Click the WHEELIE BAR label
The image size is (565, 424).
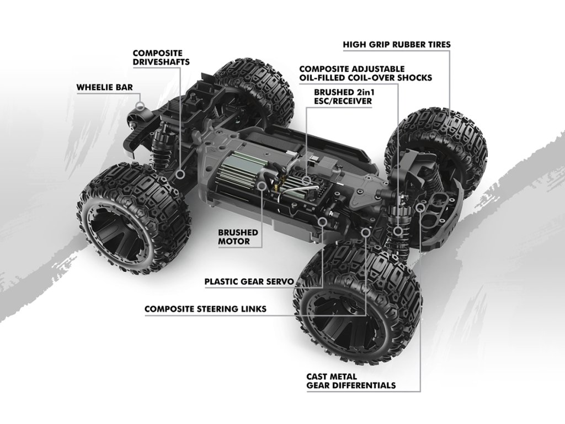(x=104, y=87)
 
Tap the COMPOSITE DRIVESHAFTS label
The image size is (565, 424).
(x=161, y=57)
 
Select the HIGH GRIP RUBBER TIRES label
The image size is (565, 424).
(x=396, y=44)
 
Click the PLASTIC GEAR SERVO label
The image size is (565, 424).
(x=248, y=281)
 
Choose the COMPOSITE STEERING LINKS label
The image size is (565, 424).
(x=205, y=309)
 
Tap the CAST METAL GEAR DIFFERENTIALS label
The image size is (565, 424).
(x=351, y=381)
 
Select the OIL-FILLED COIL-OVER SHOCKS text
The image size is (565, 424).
(x=365, y=78)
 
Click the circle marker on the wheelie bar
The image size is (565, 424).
(x=141, y=105)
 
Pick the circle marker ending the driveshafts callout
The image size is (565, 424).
(x=180, y=174)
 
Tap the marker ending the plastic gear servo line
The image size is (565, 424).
(x=323, y=221)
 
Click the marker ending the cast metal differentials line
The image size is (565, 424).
(x=421, y=207)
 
